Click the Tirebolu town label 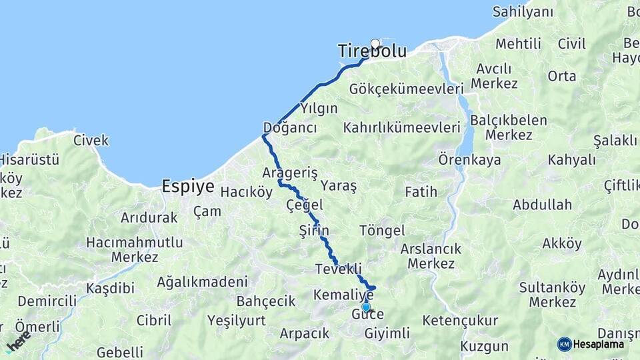[371, 51]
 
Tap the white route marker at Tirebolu [375, 44]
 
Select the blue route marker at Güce [366, 307]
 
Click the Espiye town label [188, 187]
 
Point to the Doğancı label [290, 128]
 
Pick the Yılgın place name [319, 108]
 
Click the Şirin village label [314, 231]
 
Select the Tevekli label [339, 269]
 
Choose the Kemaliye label [343, 294]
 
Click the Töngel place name [382, 231]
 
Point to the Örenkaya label [469, 160]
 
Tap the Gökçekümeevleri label [406, 89]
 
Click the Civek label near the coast [91, 141]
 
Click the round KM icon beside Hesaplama [564, 344]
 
